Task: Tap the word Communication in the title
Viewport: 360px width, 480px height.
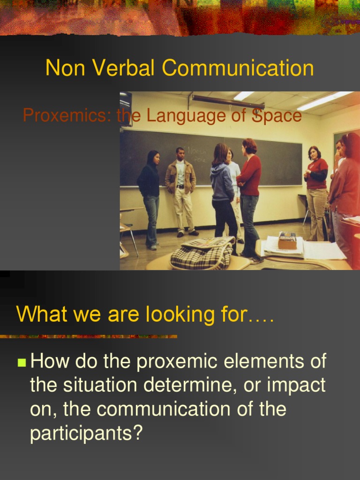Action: (x=238, y=68)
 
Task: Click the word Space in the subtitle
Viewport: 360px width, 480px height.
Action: (x=277, y=115)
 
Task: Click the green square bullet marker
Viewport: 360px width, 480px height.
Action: (x=22, y=362)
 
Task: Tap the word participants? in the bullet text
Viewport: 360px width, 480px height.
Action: (x=86, y=433)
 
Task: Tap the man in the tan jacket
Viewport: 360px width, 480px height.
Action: (x=181, y=190)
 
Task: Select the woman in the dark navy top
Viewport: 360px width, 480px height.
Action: (x=150, y=197)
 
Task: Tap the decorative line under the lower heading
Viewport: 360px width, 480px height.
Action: (x=89, y=336)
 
